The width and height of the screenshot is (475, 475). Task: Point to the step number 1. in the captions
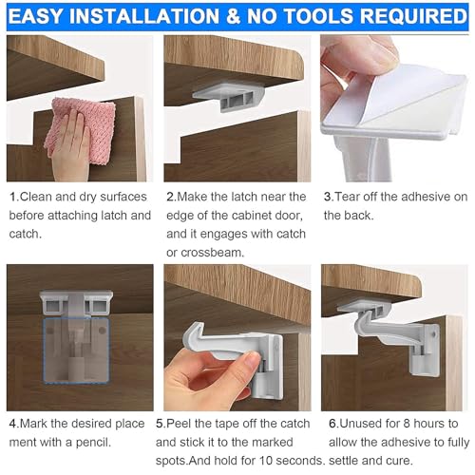[13, 198]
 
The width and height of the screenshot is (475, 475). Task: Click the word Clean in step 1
[39, 198]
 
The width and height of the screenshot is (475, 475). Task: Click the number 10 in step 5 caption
[273, 461]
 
